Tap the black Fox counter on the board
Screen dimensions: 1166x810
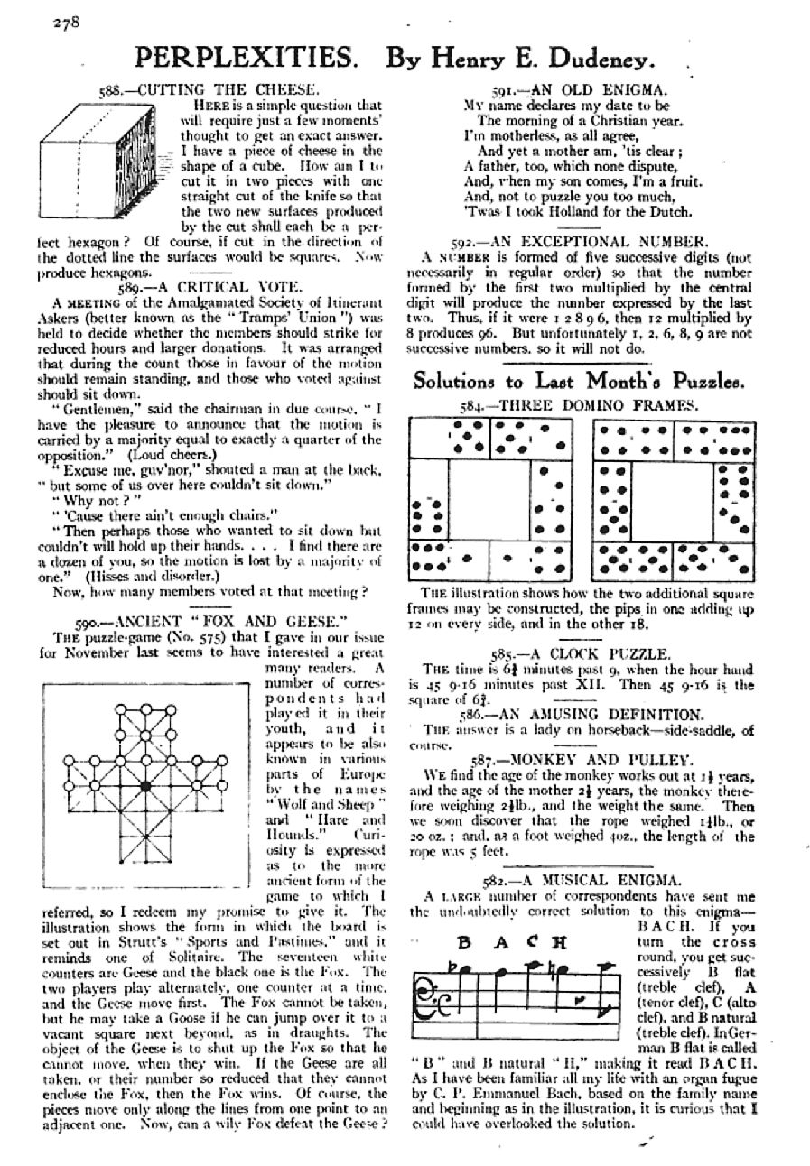pyautogui.click(x=144, y=787)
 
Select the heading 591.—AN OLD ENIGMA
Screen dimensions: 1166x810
pyautogui.click(x=579, y=89)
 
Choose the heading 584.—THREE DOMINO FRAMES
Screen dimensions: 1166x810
pyautogui.click(x=581, y=405)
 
